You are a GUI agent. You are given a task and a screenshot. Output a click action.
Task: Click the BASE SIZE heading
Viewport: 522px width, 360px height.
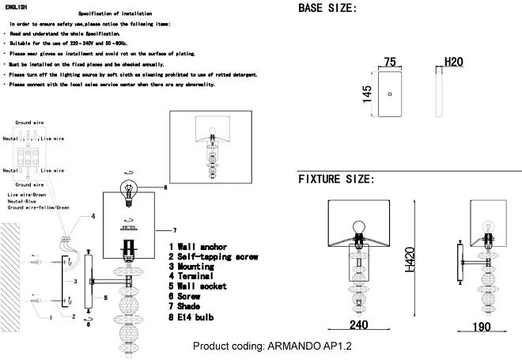pyautogui.click(x=327, y=9)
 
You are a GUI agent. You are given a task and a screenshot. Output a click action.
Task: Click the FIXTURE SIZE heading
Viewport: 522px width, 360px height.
pyautogui.click(x=336, y=180)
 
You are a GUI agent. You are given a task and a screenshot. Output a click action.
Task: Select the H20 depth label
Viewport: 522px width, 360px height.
pyautogui.click(x=453, y=62)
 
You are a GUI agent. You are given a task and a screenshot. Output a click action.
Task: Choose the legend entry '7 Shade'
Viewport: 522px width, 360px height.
pyautogui.click(x=190, y=307)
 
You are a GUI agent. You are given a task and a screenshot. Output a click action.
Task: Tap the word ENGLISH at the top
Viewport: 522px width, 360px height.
pyautogui.click(x=16, y=6)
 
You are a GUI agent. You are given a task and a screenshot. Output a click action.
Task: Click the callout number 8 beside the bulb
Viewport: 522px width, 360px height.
pyautogui.click(x=165, y=188)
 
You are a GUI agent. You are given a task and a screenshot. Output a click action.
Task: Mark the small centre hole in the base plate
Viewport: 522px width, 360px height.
pyautogui.click(x=389, y=94)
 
